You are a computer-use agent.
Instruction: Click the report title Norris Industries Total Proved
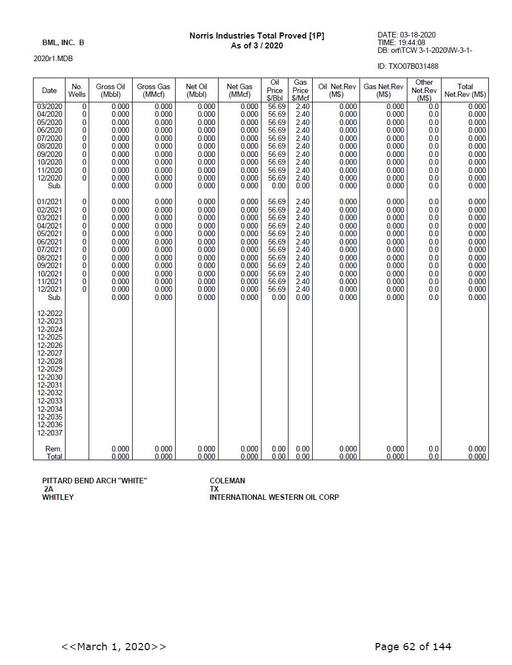coord(257,36)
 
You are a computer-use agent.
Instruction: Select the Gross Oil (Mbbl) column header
coord(110,90)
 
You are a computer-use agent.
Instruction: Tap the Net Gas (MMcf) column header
coord(239,90)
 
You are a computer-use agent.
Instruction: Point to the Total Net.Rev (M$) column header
coord(465,90)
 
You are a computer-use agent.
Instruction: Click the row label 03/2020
coord(50,106)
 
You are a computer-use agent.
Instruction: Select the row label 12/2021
coord(50,289)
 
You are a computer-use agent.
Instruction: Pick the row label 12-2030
coord(50,377)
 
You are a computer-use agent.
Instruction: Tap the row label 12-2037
coord(50,433)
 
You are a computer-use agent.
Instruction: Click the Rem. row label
coord(53,449)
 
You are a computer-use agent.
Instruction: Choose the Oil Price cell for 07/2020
coord(276,138)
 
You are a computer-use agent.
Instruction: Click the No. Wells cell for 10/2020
coord(84,162)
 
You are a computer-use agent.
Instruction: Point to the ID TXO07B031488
coord(408,67)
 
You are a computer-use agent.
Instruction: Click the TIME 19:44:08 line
coord(401,42)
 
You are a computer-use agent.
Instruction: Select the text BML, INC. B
coord(63,42)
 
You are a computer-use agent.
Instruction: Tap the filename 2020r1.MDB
coord(53,59)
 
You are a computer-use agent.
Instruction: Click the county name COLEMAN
coord(227,481)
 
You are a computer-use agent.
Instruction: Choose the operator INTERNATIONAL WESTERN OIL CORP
coord(274,497)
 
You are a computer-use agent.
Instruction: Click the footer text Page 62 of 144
coord(412,646)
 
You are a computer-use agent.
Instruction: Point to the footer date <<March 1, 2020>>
coord(113,646)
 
